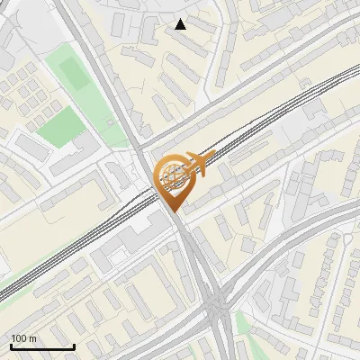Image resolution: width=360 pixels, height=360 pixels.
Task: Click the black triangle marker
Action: [181, 24]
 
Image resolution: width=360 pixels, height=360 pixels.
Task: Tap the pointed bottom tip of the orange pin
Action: [172, 211]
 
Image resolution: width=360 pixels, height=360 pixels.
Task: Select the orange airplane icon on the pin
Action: [201, 165]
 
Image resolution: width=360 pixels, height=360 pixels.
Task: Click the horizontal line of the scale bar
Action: [42, 346]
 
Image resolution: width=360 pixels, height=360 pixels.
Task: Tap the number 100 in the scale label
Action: [19, 338]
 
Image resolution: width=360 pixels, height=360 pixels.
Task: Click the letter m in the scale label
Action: [32, 338]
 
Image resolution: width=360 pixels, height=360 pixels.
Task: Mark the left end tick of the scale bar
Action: [11, 345]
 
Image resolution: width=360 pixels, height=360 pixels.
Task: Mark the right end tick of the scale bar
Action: [74, 345]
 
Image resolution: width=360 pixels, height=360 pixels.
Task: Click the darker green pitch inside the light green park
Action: [76, 74]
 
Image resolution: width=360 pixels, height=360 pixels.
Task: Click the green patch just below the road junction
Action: [241, 324]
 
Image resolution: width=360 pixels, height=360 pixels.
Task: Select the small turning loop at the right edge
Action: [346, 240]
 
